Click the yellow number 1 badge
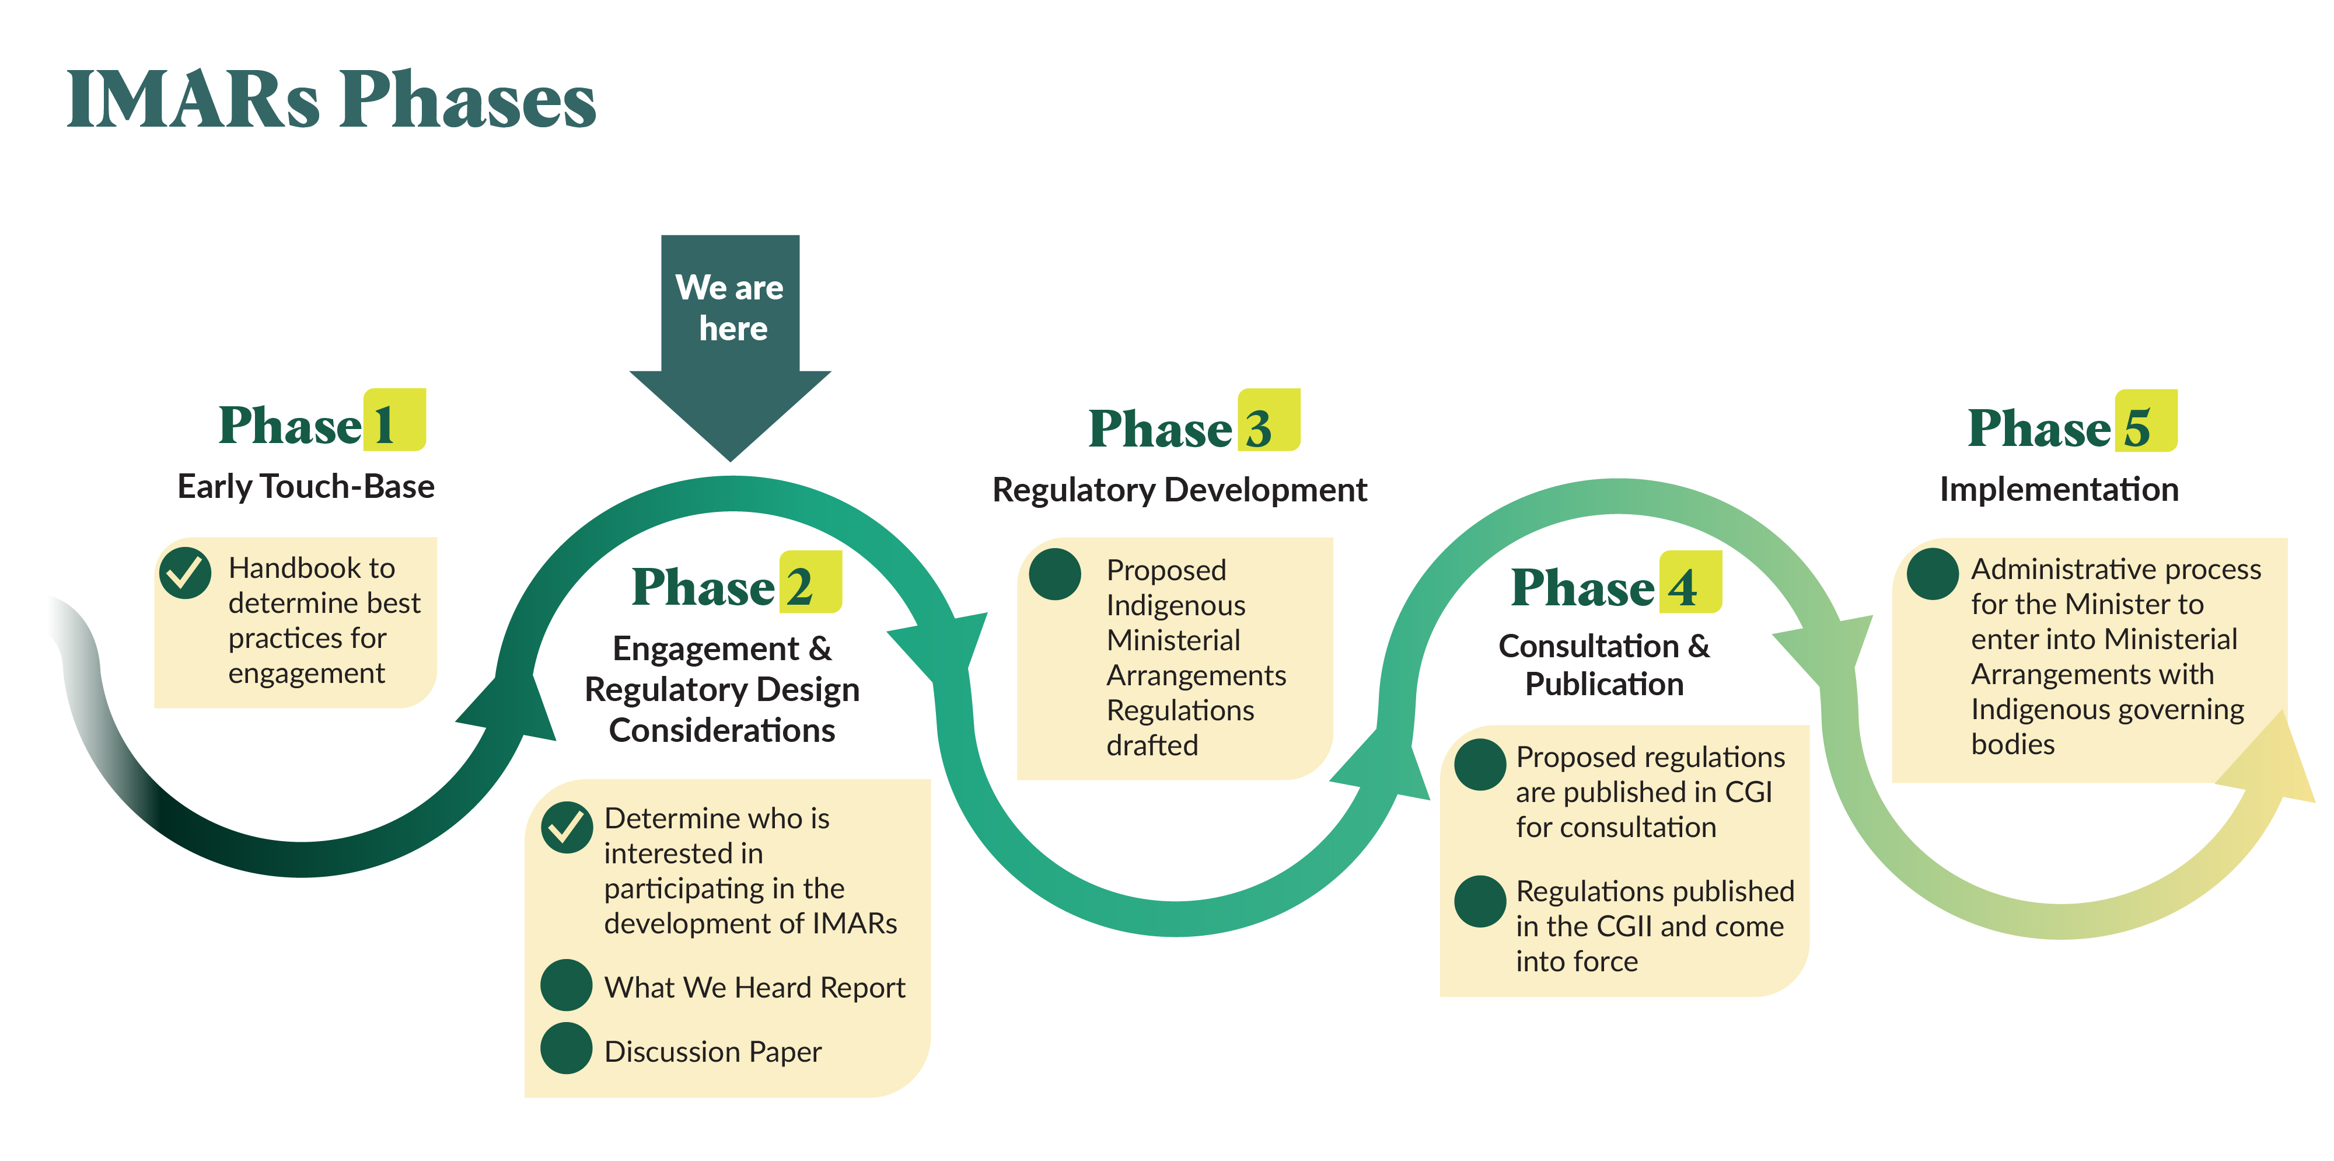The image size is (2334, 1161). pyautogui.click(x=394, y=420)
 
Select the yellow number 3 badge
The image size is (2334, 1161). pyautogui.click(x=1269, y=420)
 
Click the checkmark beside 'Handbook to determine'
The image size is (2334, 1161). pyautogui.click(x=185, y=573)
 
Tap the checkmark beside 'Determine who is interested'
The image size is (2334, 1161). pyautogui.click(x=566, y=827)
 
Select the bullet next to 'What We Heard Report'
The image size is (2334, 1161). pyautogui.click(x=566, y=985)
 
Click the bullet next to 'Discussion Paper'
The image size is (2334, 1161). pyautogui.click(x=566, y=1048)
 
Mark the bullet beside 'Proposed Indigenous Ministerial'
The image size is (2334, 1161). pyautogui.click(x=1054, y=574)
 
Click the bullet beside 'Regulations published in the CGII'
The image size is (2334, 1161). pyautogui.click(x=1480, y=901)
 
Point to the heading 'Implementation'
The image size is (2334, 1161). pyautogui.click(x=2059, y=489)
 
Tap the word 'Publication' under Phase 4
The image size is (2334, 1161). pyautogui.click(x=1603, y=684)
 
